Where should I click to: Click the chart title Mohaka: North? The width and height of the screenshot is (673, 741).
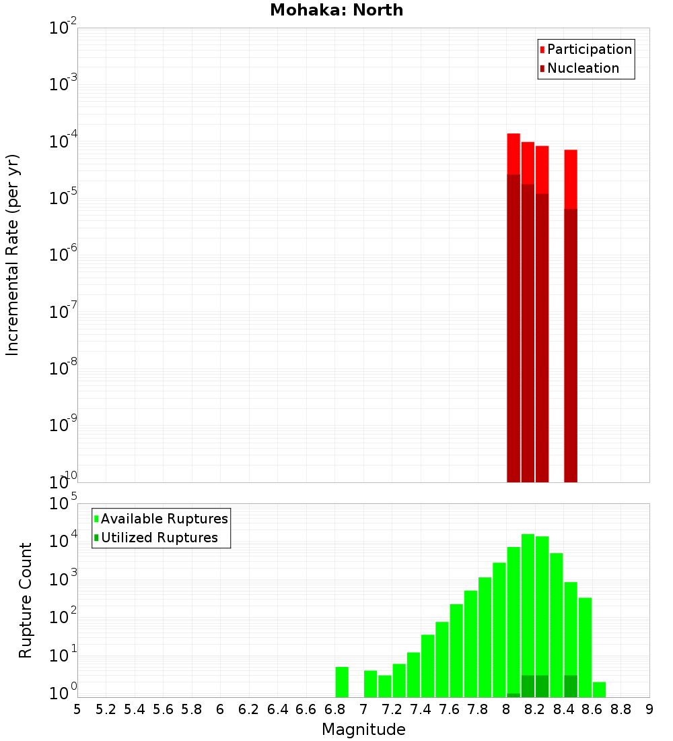point(336,10)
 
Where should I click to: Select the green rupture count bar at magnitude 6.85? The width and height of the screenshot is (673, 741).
point(342,682)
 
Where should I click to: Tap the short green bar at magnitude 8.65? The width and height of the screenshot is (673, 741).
point(599,689)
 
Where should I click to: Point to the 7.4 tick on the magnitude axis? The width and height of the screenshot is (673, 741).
point(421,709)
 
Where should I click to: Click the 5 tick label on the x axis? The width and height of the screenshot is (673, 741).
point(77,709)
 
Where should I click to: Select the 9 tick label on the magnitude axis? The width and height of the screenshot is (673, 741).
point(649,709)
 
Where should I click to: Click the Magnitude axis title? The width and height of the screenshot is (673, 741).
point(363,730)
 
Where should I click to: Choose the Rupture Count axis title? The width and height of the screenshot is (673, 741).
point(26,600)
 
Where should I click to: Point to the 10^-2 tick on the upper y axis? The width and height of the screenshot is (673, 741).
point(63,28)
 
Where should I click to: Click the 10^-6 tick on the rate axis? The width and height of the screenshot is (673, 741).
point(63,255)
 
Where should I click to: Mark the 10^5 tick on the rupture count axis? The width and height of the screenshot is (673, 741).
point(63,504)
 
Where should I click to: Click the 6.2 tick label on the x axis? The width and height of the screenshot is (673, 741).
point(249,709)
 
